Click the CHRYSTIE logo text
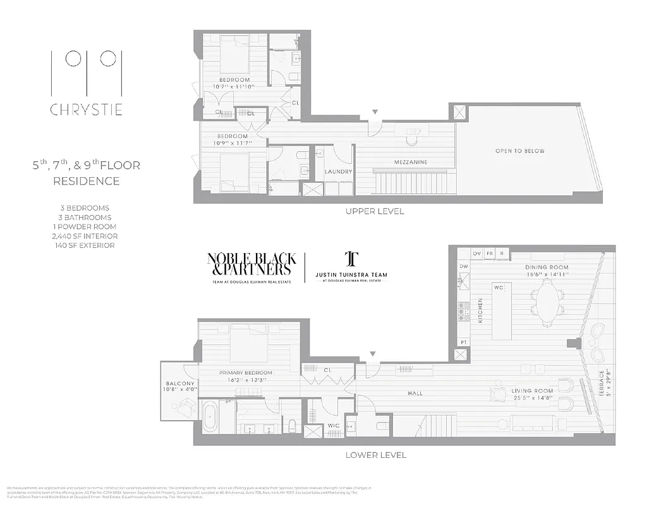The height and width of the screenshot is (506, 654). click(x=86, y=110)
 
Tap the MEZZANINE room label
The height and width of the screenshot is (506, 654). click(x=411, y=163)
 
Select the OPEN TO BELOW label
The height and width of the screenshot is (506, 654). click(x=519, y=151)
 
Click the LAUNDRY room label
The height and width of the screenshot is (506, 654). click(x=338, y=171)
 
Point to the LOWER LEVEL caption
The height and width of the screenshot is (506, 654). click(x=375, y=455)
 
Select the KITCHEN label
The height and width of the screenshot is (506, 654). click(x=480, y=311)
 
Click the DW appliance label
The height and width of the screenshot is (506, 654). click(x=463, y=268)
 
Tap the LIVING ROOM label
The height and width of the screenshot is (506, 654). click(x=532, y=392)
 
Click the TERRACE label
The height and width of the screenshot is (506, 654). click(x=600, y=383)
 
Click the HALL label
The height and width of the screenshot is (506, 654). click(x=415, y=393)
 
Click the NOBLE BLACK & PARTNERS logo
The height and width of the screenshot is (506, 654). click(x=251, y=264)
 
